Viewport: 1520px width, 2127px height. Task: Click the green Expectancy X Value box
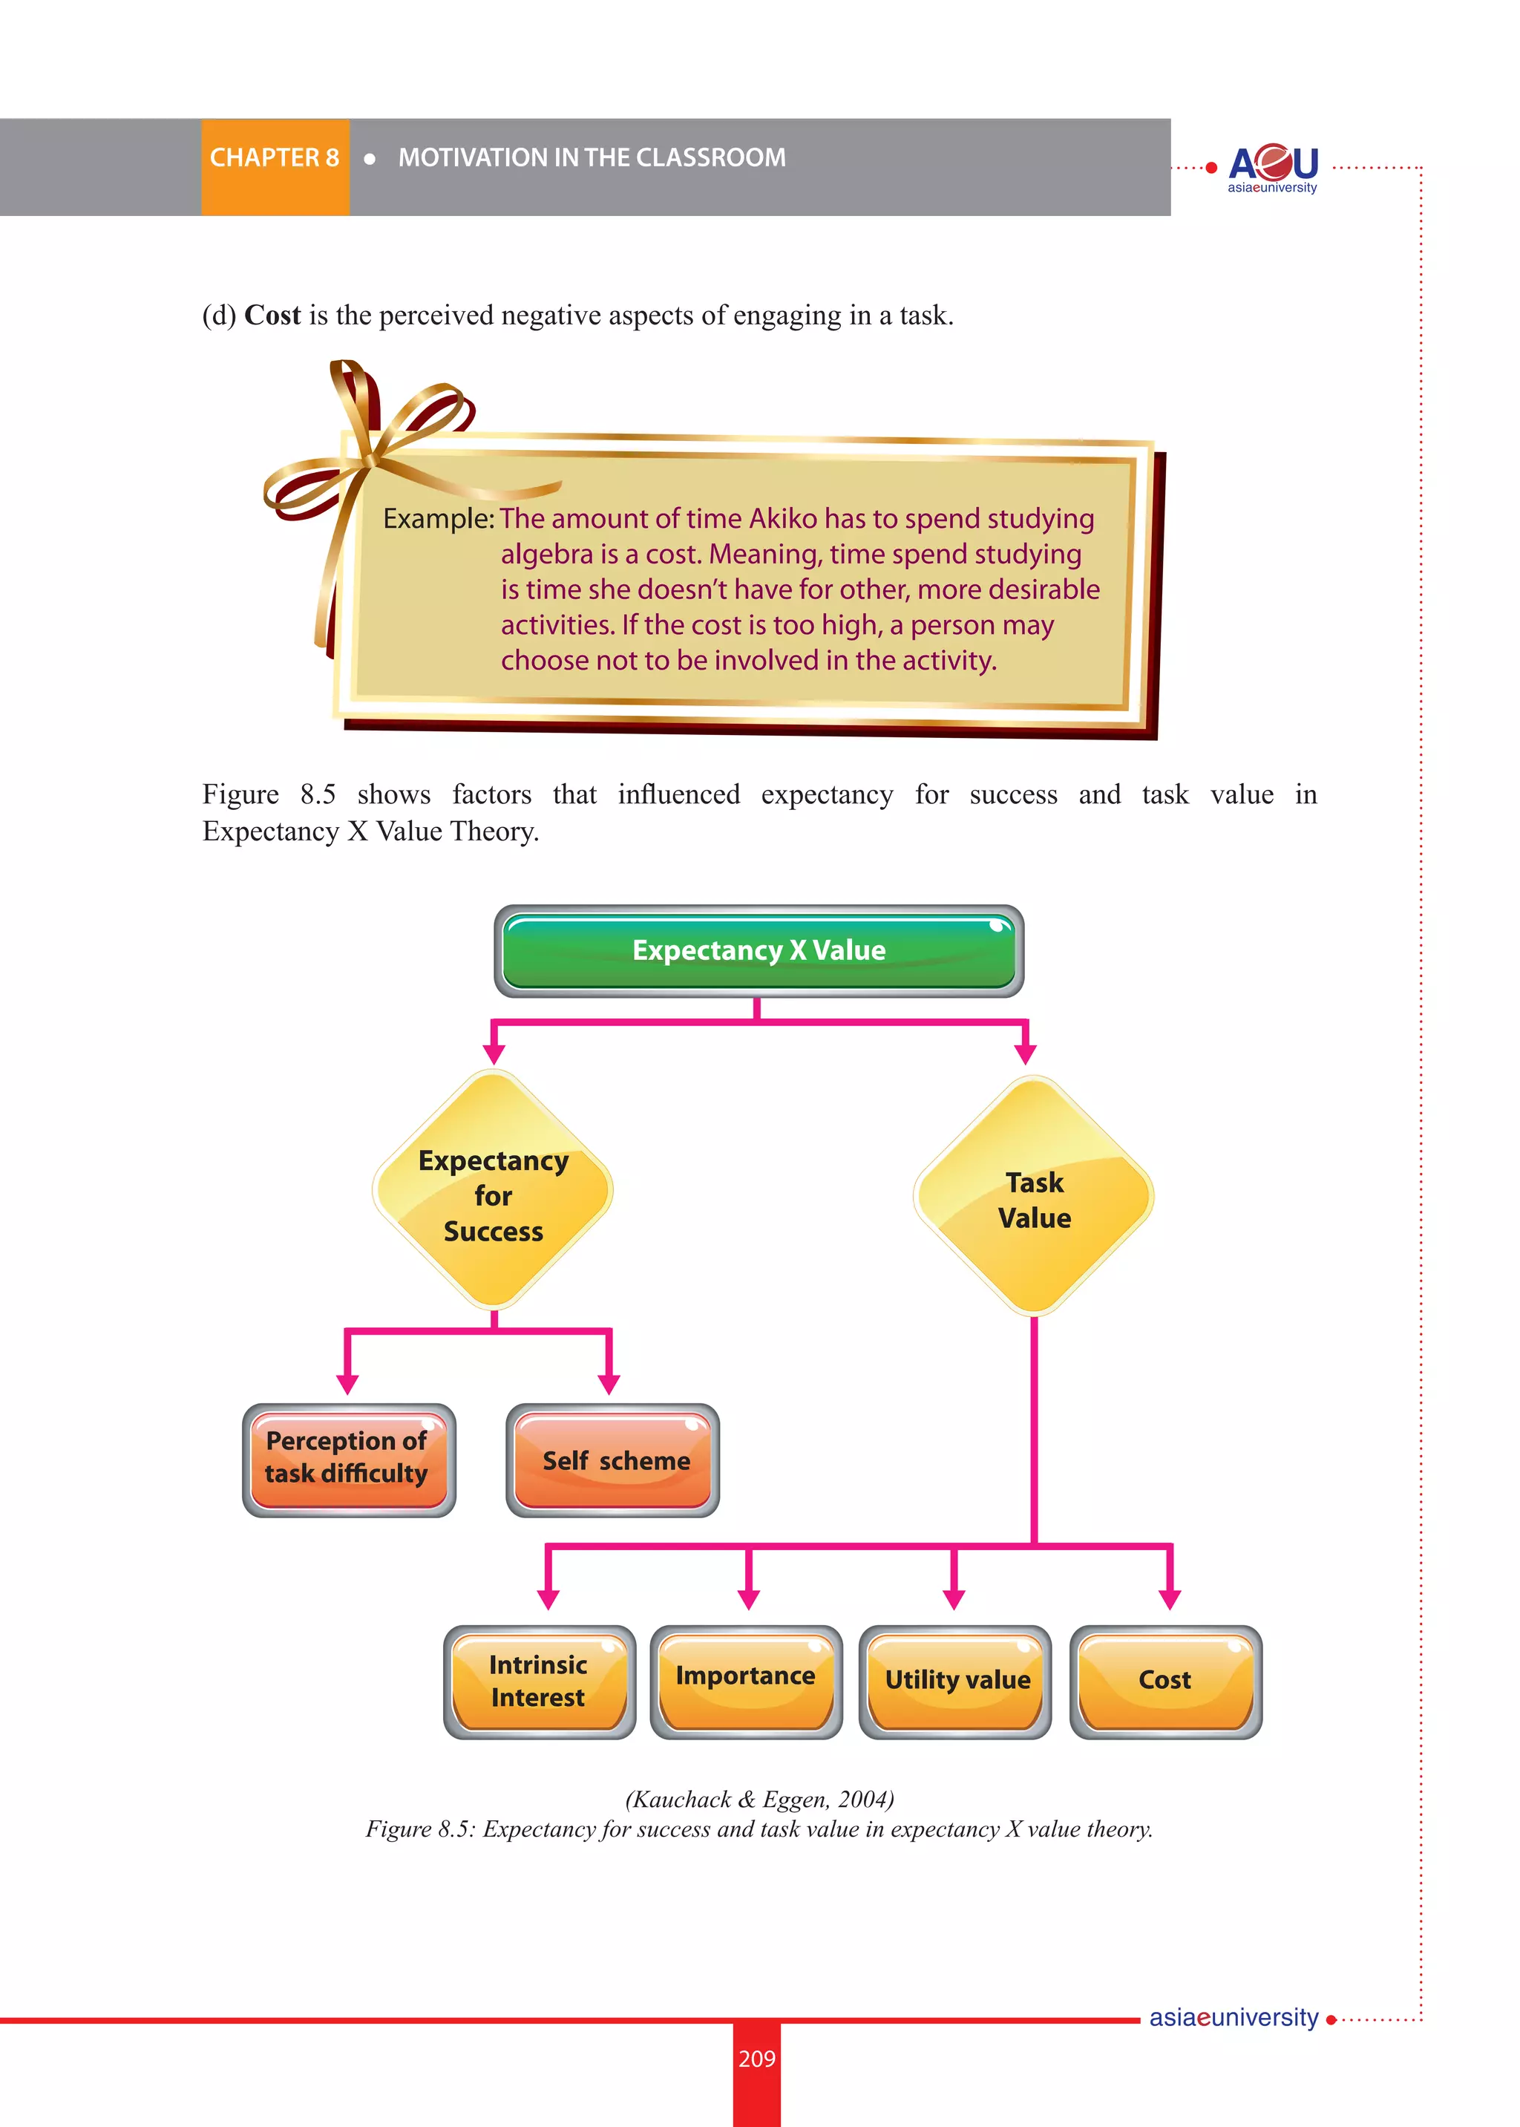pyautogui.click(x=758, y=951)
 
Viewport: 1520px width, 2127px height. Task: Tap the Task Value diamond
pyautogui.click(x=1033, y=1198)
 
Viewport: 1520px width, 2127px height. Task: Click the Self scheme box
pyautogui.click(x=613, y=1460)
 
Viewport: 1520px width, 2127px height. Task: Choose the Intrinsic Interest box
pyautogui.click(x=539, y=1682)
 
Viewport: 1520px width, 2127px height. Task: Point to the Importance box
pyautogui.click(x=746, y=1682)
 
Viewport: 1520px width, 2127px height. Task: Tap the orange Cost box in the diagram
pyautogui.click(x=1165, y=1682)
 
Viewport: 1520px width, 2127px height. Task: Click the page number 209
pyautogui.click(x=756, y=2059)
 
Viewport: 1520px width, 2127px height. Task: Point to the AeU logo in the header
pyautogui.click(x=1272, y=166)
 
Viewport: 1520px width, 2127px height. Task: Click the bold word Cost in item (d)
pyautogui.click(x=272, y=316)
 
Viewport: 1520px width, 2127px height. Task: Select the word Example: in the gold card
pyautogui.click(x=438, y=519)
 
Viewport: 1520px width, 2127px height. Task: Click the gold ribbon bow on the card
pyautogui.click(x=370, y=449)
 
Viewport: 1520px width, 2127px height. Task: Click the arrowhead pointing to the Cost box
pyautogui.click(x=1169, y=1599)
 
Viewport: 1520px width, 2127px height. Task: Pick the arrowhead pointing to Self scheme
pyautogui.click(x=609, y=1384)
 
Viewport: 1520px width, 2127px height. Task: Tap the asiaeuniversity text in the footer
pyautogui.click(x=1233, y=2017)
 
